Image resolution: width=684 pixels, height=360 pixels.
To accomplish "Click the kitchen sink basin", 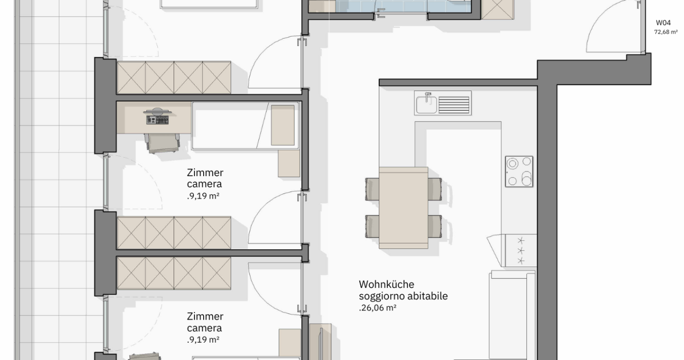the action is coord(427,104).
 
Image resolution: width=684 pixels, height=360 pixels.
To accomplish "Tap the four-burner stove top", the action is coord(519,171).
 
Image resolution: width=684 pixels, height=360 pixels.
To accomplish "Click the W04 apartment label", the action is coord(663,22).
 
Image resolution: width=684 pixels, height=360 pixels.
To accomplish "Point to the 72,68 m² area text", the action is coord(666,32).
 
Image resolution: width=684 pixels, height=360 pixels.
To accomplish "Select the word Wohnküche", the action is coord(386,284).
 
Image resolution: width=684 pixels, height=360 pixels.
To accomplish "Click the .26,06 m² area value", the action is coord(377,308).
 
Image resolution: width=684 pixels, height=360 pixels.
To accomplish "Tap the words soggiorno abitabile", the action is coord(403,296).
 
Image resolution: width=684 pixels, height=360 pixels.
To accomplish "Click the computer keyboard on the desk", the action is coord(157,120).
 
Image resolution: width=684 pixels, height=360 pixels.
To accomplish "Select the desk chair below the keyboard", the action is coord(163,143).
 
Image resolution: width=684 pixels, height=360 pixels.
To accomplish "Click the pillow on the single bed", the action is coord(283,125).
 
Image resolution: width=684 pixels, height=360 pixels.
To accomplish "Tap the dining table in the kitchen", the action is coord(403,208).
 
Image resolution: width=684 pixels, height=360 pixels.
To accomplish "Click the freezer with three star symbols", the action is coord(521,250).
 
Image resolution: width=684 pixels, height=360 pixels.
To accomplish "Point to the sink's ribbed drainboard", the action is coord(453,105).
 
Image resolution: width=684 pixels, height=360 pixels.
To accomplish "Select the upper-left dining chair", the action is coord(372,189).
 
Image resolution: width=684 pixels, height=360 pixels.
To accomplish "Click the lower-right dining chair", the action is coord(435,226).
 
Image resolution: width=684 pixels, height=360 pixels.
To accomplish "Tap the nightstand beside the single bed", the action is coord(288,163).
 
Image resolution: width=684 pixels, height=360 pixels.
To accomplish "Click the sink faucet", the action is coord(428,95).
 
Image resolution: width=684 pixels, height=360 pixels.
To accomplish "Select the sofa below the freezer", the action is coord(512,315).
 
